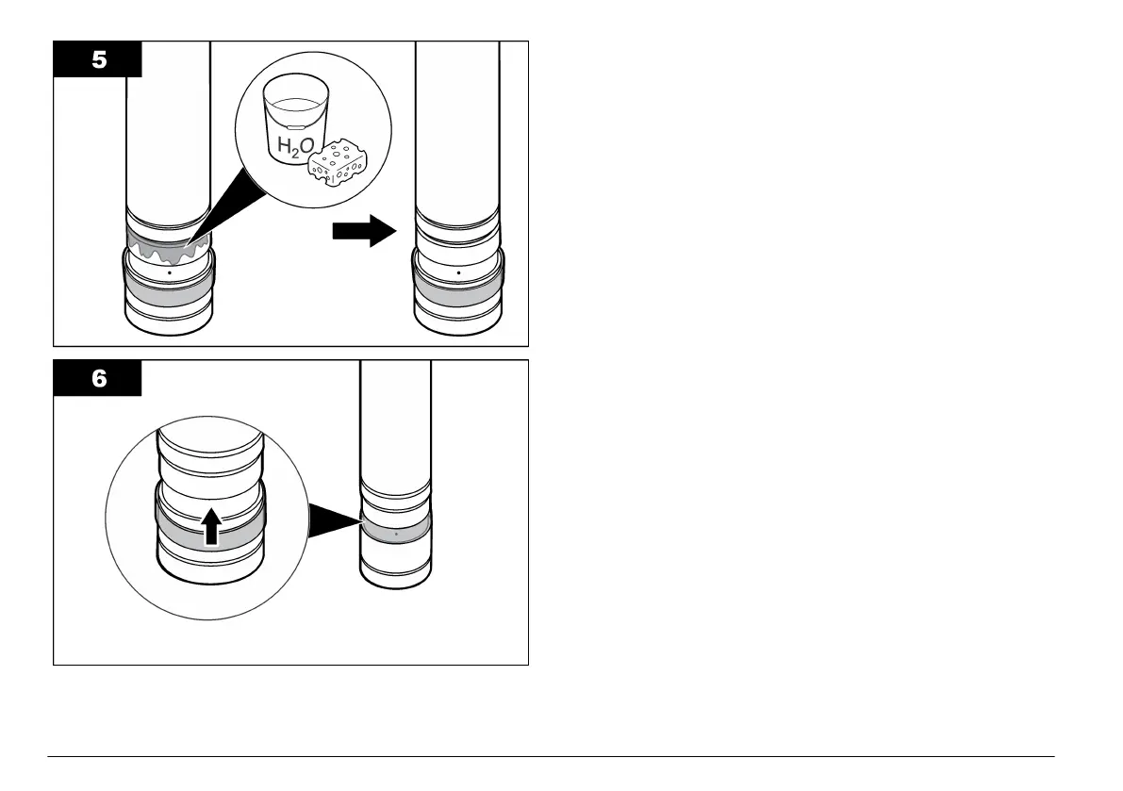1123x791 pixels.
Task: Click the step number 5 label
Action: [x=98, y=58]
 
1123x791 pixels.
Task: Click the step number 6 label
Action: [x=98, y=378]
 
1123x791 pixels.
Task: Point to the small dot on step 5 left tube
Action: [x=169, y=271]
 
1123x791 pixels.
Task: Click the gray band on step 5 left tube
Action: [x=169, y=293]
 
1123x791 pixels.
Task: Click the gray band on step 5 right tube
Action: [x=458, y=293]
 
